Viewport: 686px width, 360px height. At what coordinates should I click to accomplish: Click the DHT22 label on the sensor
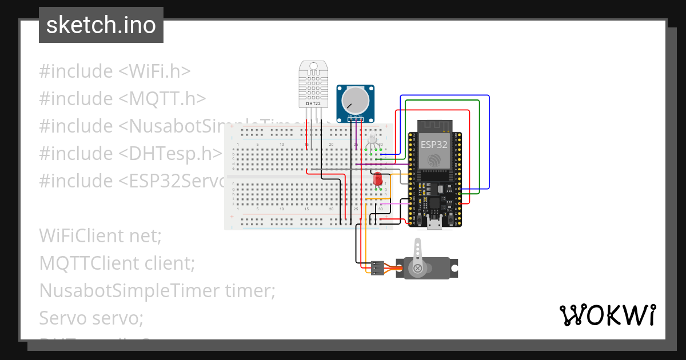pos(313,104)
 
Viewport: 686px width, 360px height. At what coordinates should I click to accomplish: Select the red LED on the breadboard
pos(377,179)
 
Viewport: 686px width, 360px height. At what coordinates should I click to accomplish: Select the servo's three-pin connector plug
pos(377,267)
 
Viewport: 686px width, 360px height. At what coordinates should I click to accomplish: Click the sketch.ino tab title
pos(101,25)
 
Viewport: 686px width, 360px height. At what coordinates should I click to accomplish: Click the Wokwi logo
pos(607,315)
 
